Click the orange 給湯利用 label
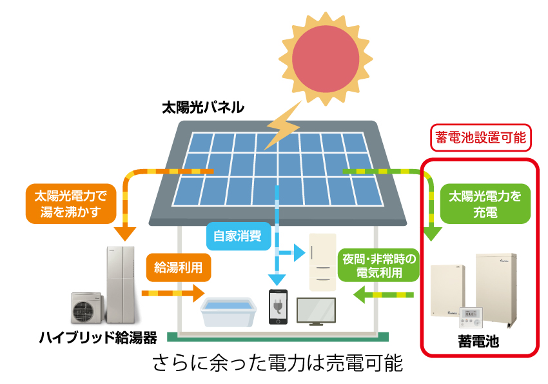(x=177, y=265)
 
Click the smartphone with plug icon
(x=279, y=307)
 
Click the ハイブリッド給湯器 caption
(x=98, y=338)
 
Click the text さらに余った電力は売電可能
(x=278, y=363)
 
